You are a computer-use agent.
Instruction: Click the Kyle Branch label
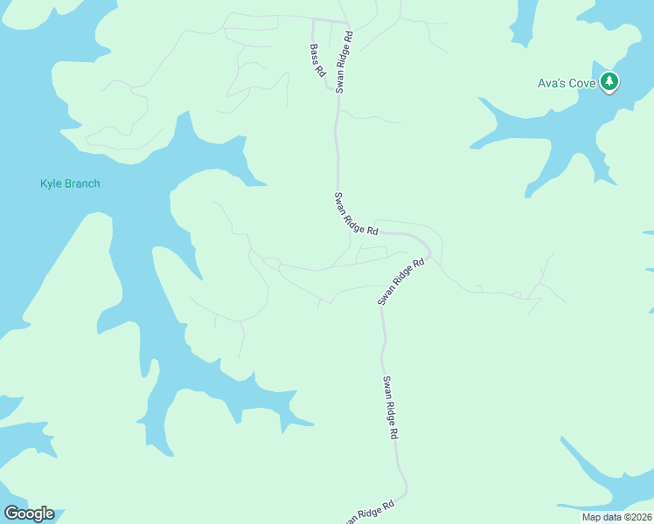pyautogui.click(x=70, y=183)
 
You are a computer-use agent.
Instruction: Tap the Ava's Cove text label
pyautogui.click(x=567, y=84)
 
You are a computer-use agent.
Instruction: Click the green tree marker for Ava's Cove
pyautogui.click(x=609, y=82)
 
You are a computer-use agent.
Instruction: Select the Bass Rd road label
pyautogui.click(x=317, y=61)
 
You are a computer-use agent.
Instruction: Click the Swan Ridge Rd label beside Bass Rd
pyautogui.click(x=344, y=62)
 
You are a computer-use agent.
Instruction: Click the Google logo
pyautogui.click(x=29, y=514)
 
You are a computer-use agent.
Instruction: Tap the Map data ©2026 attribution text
pyautogui.click(x=614, y=517)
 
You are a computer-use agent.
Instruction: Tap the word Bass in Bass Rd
pyautogui.click(x=315, y=55)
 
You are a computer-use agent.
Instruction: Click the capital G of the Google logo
pyautogui.click(x=11, y=514)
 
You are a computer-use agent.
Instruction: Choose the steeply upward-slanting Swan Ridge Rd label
pyautogui.click(x=400, y=281)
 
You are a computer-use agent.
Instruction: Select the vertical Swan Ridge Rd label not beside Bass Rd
pyautogui.click(x=391, y=407)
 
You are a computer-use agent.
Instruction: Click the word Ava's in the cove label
pyautogui.click(x=552, y=84)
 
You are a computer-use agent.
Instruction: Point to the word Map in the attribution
pyautogui.click(x=592, y=517)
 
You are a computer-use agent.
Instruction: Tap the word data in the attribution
pyautogui.click(x=611, y=517)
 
